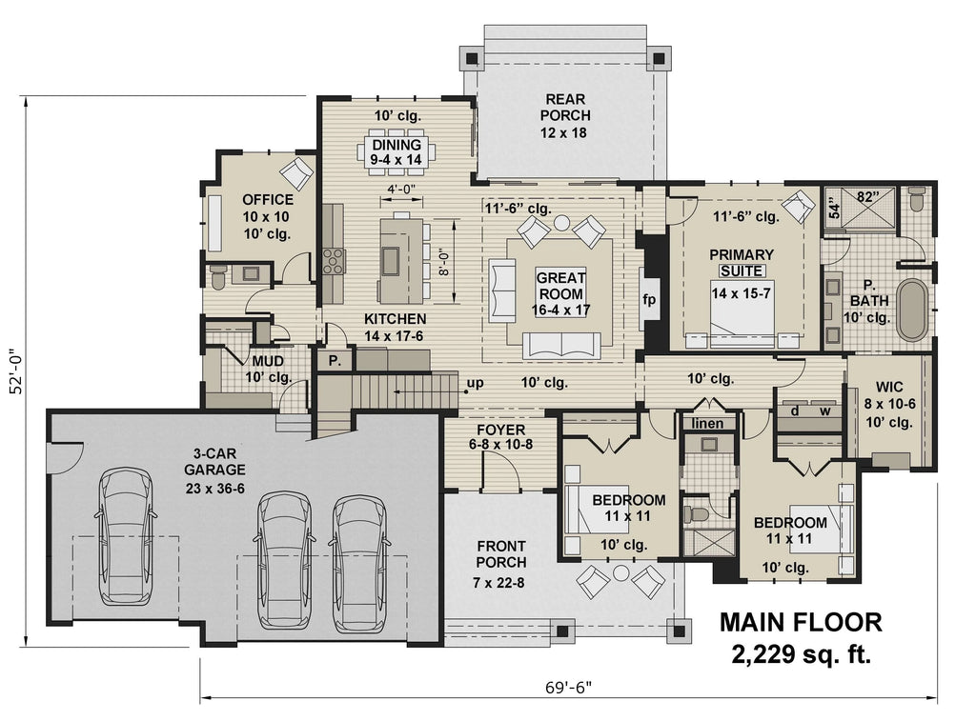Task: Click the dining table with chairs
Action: (x=396, y=152)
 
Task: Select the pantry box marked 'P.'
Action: (x=335, y=360)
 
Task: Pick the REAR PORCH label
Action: (x=565, y=115)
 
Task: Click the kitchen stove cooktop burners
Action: (x=335, y=260)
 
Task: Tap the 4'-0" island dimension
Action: (x=399, y=190)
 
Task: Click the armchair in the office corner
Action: (x=296, y=173)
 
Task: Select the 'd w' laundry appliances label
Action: (x=810, y=411)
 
